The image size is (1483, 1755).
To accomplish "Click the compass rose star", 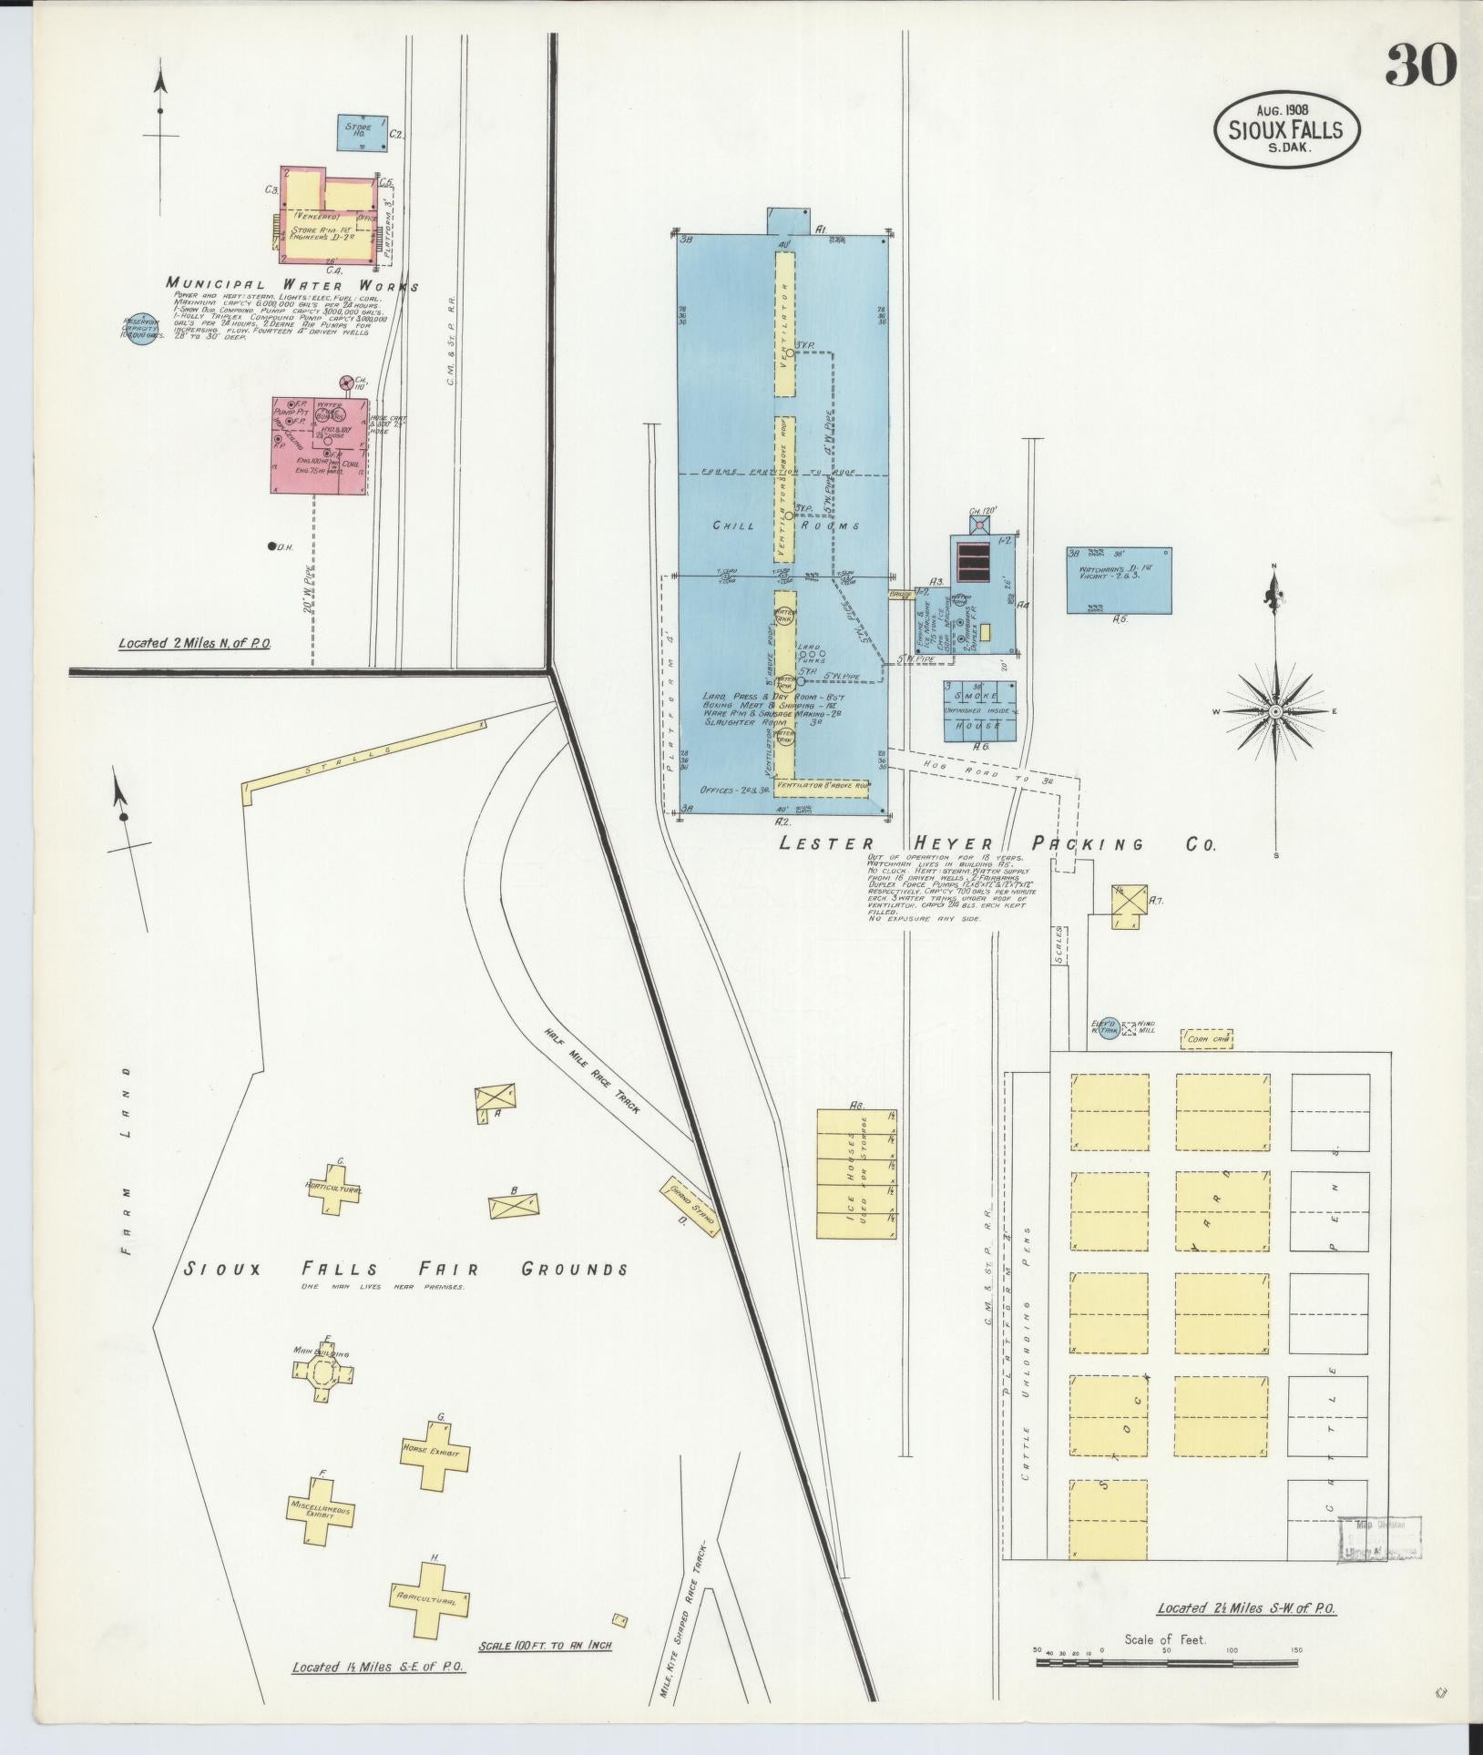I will tap(1275, 710).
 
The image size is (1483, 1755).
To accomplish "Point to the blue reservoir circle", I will tap(140, 329).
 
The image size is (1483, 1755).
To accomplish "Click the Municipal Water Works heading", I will tap(291, 285).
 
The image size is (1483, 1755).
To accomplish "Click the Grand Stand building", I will tap(690, 1207).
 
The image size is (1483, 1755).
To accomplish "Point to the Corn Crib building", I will tap(1207, 1038).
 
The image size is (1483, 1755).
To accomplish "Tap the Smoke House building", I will tap(979, 711).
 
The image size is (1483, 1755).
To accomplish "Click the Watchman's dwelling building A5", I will tap(1119, 580).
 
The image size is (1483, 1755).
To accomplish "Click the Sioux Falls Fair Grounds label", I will tap(405, 1269).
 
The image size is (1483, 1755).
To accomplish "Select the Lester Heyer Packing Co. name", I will tap(997, 843).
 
